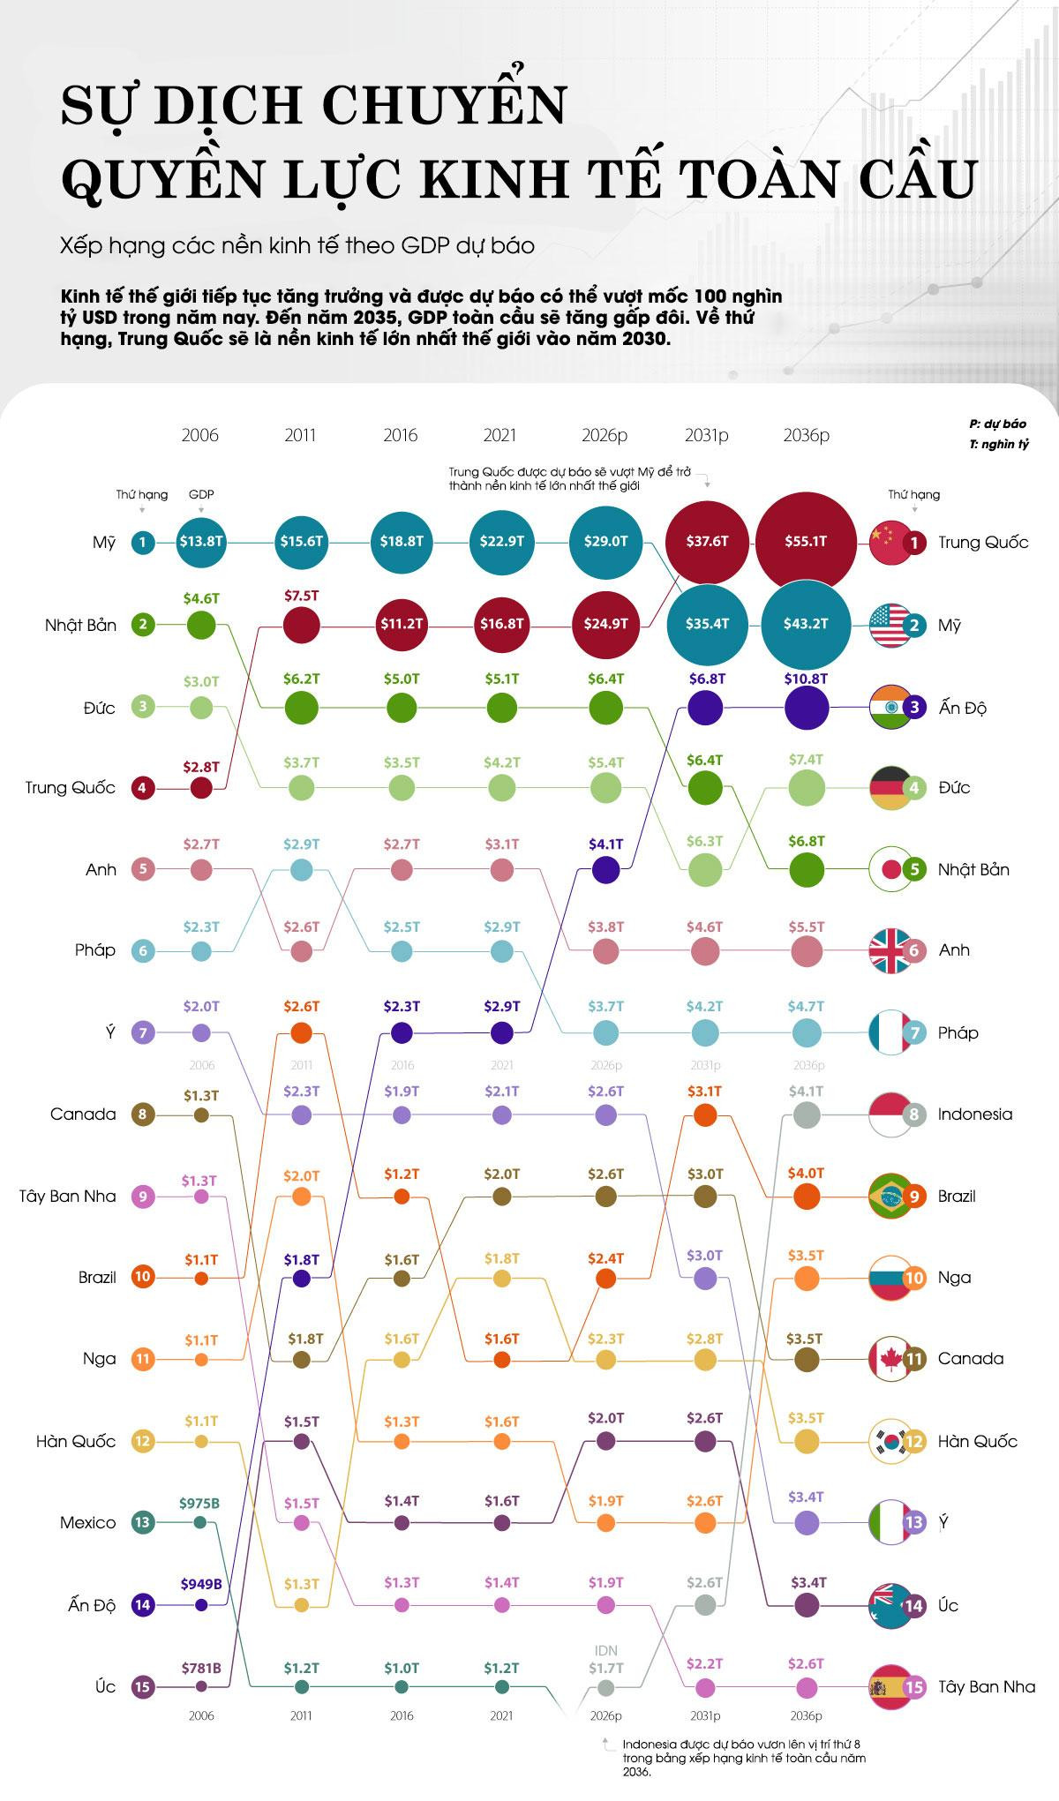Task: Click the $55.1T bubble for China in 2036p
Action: point(806,541)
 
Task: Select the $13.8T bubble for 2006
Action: point(201,541)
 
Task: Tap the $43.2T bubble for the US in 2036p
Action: point(806,623)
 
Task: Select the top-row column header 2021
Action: point(500,435)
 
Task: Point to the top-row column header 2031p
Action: point(706,435)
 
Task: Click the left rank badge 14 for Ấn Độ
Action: point(143,1605)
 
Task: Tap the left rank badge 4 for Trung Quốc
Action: point(143,787)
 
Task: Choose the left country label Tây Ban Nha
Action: point(68,1197)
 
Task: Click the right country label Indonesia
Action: point(974,1114)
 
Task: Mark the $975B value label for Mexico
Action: point(200,1502)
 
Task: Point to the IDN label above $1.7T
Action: point(605,1650)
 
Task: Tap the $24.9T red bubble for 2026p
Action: point(605,623)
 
